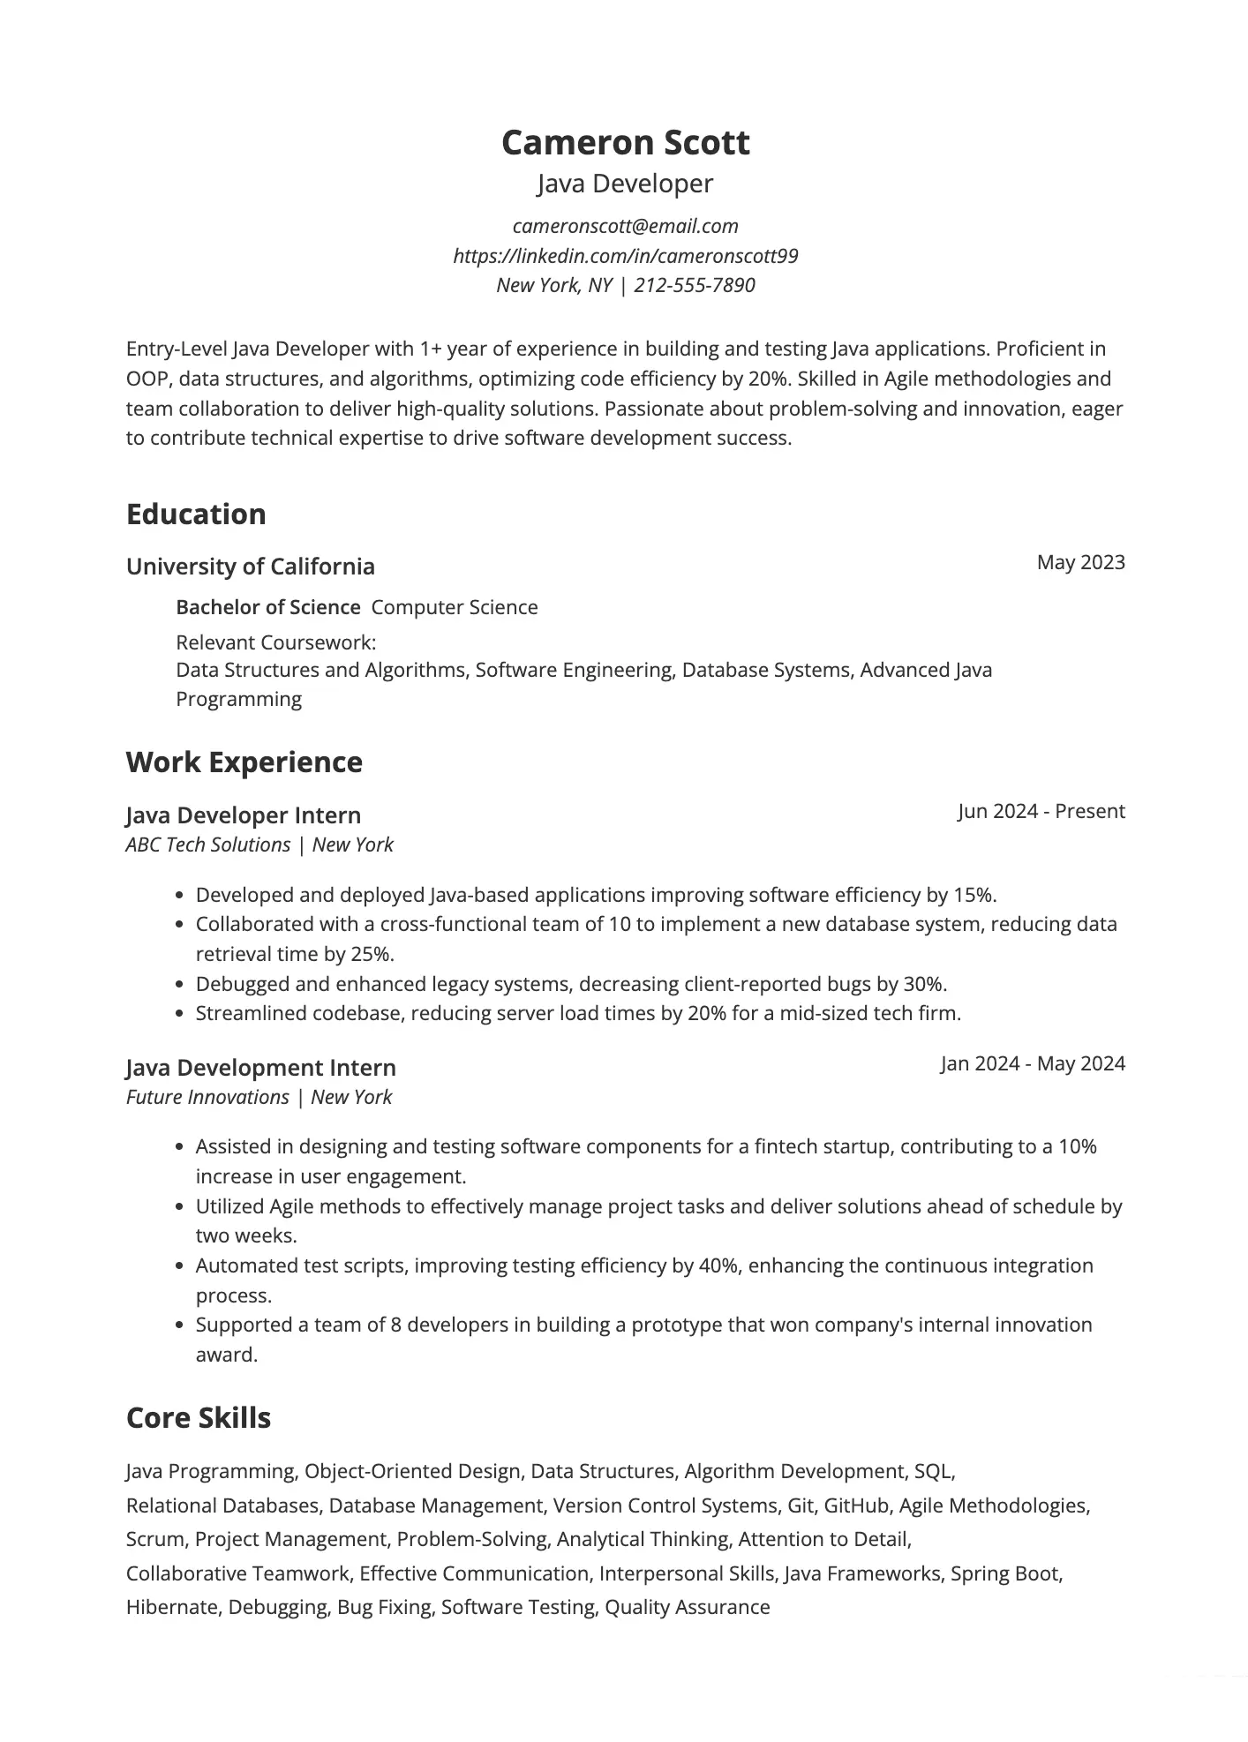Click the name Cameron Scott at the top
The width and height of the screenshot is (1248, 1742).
click(625, 143)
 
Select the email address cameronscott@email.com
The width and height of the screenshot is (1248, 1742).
click(625, 226)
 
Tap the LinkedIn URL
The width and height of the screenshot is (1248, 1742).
click(625, 256)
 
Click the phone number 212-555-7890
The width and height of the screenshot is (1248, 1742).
click(695, 285)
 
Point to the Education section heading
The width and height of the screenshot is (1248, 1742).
click(196, 514)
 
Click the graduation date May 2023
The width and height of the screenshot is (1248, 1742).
click(1080, 562)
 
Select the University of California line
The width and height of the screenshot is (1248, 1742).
click(251, 567)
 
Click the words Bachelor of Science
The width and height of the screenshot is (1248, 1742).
click(268, 607)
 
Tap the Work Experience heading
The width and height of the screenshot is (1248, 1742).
click(244, 762)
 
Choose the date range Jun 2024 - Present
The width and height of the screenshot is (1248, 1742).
click(1041, 811)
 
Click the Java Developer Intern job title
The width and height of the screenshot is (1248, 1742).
click(244, 815)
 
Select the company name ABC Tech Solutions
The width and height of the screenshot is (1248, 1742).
click(208, 845)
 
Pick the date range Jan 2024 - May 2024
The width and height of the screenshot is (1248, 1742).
click(1033, 1063)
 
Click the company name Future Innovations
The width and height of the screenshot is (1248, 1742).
click(207, 1097)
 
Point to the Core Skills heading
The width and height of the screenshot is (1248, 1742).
click(199, 1418)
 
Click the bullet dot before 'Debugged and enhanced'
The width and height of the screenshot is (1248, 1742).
click(180, 985)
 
